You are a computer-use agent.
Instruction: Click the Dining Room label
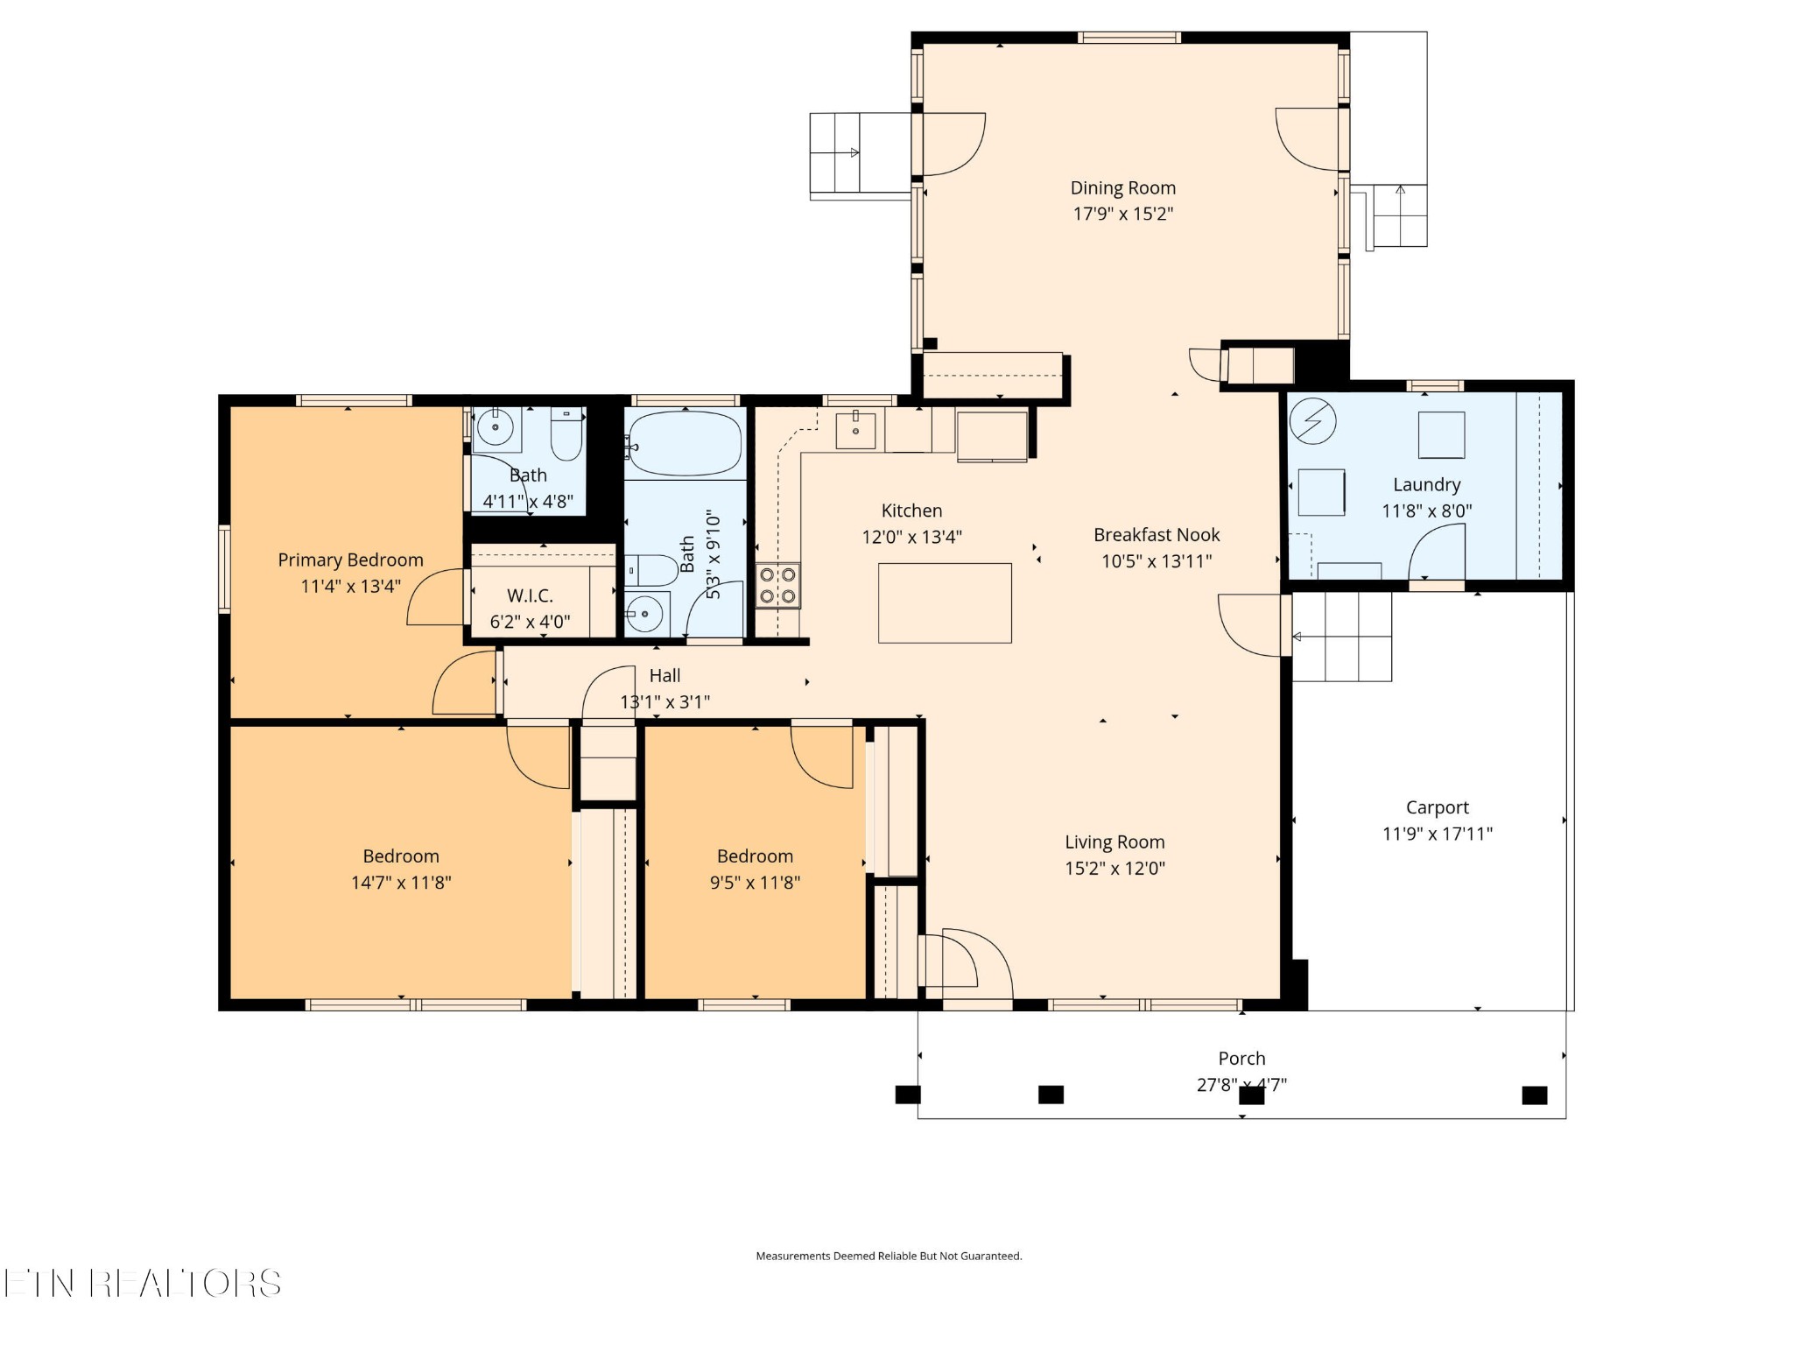[1122, 188]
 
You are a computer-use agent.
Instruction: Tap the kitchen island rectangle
[945, 603]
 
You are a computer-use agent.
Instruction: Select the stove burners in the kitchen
[777, 586]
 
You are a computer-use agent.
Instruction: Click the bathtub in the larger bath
[686, 444]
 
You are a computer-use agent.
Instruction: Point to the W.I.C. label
[530, 596]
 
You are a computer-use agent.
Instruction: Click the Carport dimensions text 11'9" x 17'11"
[1437, 834]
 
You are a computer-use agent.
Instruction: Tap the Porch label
[1241, 1059]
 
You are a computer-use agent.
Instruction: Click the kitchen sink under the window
[855, 429]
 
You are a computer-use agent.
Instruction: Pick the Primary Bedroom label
[350, 560]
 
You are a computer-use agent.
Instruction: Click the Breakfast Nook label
[1157, 535]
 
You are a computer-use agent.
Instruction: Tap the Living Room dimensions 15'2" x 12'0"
[1114, 869]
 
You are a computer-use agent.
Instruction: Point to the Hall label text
[664, 676]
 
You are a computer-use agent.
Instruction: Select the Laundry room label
[1426, 485]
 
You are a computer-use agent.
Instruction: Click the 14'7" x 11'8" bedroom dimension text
[401, 883]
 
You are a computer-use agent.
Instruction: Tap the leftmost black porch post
[908, 1095]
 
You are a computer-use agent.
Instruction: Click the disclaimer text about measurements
[889, 1256]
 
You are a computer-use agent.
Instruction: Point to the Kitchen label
[911, 511]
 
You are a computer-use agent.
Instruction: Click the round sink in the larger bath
[646, 614]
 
